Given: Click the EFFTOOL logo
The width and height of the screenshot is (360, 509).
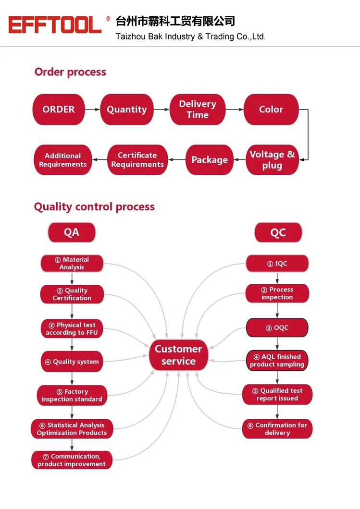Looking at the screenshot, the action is (x=55, y=24).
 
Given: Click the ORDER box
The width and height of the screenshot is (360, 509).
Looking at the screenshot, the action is (x=59, y=109).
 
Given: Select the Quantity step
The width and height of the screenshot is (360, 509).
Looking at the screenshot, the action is (x=127, y=109).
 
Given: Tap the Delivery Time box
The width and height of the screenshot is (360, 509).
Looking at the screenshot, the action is (x=198, y=109).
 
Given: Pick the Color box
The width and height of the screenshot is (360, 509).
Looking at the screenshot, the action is (x=271, y=109).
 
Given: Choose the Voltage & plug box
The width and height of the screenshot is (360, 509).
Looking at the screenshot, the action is (x=272, y=160).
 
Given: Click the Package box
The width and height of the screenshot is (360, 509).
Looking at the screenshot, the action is (x=210, y=160).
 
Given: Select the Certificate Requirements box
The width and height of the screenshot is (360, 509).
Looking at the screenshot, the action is (x=137, y=160).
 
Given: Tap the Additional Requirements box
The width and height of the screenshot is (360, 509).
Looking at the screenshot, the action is (x=62, y=160).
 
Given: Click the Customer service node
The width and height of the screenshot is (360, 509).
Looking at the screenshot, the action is (x=178, y=355).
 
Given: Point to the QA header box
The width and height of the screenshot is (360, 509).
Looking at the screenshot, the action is (x=72, y=232).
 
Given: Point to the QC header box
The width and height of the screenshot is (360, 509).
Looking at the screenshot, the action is (x=278, y=232).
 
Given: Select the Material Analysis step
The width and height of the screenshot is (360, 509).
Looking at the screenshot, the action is (x=72, y=263).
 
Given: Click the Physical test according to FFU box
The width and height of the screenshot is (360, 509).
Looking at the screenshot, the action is (x=72, y=328).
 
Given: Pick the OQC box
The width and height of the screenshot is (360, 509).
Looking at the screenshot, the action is (x=277, y=328).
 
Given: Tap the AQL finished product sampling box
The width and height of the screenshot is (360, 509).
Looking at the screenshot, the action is (x=277, y=360).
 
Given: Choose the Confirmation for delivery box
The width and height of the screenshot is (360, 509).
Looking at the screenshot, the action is (x=277, y=429).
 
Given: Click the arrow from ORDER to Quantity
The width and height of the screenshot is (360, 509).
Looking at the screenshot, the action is (x=92, y=109).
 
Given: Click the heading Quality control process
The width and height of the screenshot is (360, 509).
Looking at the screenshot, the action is (x=94, y=207).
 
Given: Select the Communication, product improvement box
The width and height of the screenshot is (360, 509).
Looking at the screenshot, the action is (x=72, y=460).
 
